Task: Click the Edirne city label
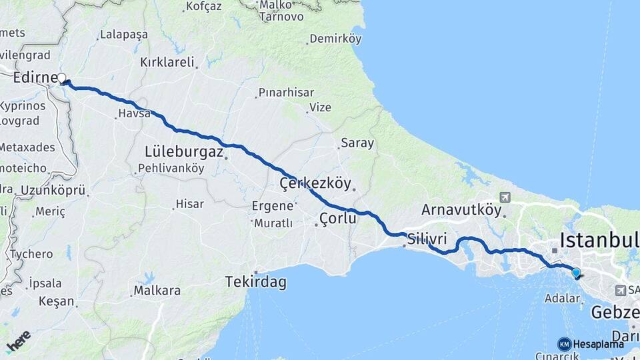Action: coord(35,78)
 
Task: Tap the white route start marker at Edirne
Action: coord(62,79)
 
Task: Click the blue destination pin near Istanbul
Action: coord(576,272)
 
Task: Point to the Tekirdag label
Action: coord(256,282)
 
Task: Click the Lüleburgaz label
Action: coord(183,152)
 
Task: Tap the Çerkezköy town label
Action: coord(315,183)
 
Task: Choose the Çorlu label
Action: coord(339,218)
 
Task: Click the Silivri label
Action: coord(427,238)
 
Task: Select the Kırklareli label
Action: coord(167,63)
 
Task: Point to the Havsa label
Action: coord(135,114)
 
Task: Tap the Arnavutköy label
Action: coord(461,210)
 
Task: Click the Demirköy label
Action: coord(335,39)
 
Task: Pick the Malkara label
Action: coord(157,291)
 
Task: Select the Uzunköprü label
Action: coord(53,191)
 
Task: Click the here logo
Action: coord(18,341)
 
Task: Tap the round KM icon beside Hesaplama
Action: coord(565,344)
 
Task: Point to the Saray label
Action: coord(357,143)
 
